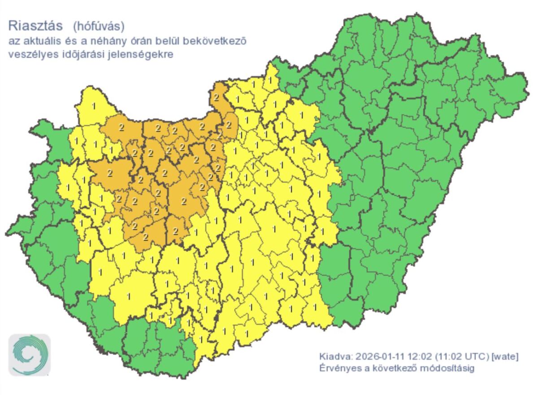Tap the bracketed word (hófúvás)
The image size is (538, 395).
98,26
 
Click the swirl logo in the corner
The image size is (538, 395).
30,355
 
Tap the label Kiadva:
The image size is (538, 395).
336,357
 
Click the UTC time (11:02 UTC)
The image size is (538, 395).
458,357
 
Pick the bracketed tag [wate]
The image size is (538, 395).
505,357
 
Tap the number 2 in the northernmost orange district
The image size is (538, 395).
216,97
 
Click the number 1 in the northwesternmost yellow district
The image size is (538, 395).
93,106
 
